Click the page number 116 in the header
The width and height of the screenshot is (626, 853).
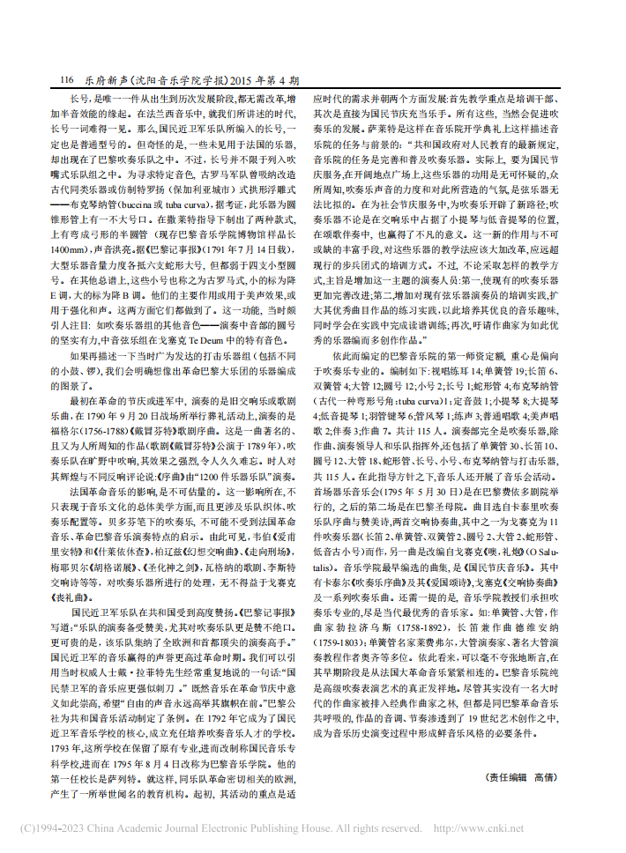65,80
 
